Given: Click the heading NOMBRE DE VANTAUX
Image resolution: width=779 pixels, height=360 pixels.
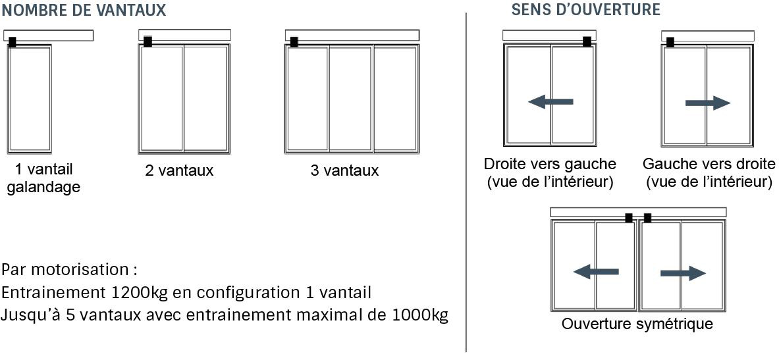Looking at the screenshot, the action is [84, 10].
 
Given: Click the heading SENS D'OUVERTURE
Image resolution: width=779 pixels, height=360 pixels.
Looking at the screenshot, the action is [586, 9].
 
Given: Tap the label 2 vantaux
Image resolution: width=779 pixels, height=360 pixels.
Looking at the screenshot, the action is [179, 171].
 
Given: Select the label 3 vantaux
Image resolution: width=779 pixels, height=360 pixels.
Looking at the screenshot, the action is [345, 171].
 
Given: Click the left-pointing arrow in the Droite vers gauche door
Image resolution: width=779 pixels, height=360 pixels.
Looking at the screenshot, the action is [551, 102].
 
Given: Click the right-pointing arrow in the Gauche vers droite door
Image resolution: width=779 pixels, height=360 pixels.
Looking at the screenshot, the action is [708, 103].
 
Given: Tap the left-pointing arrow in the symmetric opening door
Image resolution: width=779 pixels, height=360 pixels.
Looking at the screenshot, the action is [596, 272].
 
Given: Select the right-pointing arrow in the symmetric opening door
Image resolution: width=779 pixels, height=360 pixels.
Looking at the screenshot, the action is [683, 273].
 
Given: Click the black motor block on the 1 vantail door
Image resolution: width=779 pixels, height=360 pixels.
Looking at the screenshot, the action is [13, 42].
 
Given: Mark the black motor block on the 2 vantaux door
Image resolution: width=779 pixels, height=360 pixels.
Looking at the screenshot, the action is [148, 41].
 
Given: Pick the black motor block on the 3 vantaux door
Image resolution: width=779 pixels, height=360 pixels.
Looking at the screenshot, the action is [294, 42].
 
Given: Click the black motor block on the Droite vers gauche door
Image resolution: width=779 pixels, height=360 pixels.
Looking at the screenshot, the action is [587, 41].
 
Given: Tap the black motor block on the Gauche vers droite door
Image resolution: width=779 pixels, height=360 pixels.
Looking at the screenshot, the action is [670, 42].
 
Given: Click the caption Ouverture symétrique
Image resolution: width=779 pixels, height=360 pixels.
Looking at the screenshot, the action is [637, 324].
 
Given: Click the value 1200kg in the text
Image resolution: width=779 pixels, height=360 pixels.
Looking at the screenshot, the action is [138, 292].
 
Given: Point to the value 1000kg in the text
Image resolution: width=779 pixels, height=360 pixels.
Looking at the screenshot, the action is [417, 315].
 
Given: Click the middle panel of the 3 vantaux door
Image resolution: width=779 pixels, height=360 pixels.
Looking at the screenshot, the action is [351, 98].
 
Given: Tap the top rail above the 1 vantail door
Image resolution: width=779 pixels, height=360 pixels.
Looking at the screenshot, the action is [49, 36].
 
